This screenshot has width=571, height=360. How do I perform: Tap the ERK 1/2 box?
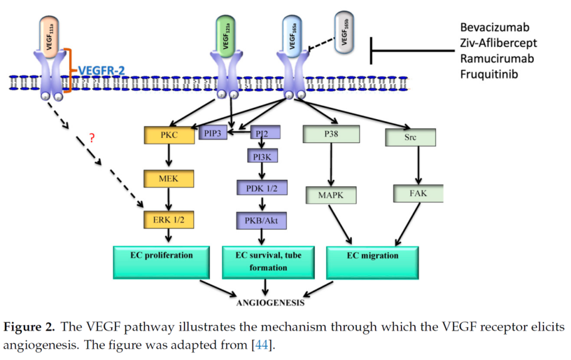[x=168, y=220]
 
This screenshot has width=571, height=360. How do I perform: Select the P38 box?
[x=331, y=134]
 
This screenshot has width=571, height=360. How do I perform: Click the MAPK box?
[x=331, y=196]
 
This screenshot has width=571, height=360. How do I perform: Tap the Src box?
[x=410, y=137]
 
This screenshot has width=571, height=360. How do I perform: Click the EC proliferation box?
[x=162, y=256]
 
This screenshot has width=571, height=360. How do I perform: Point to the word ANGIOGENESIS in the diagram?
[x=270, y=303]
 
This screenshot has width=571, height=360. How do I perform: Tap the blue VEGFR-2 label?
[x=102, y=70]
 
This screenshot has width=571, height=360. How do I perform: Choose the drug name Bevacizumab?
[x=495, y=27]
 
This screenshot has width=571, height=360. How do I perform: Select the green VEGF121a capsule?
[x=226, y=33]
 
